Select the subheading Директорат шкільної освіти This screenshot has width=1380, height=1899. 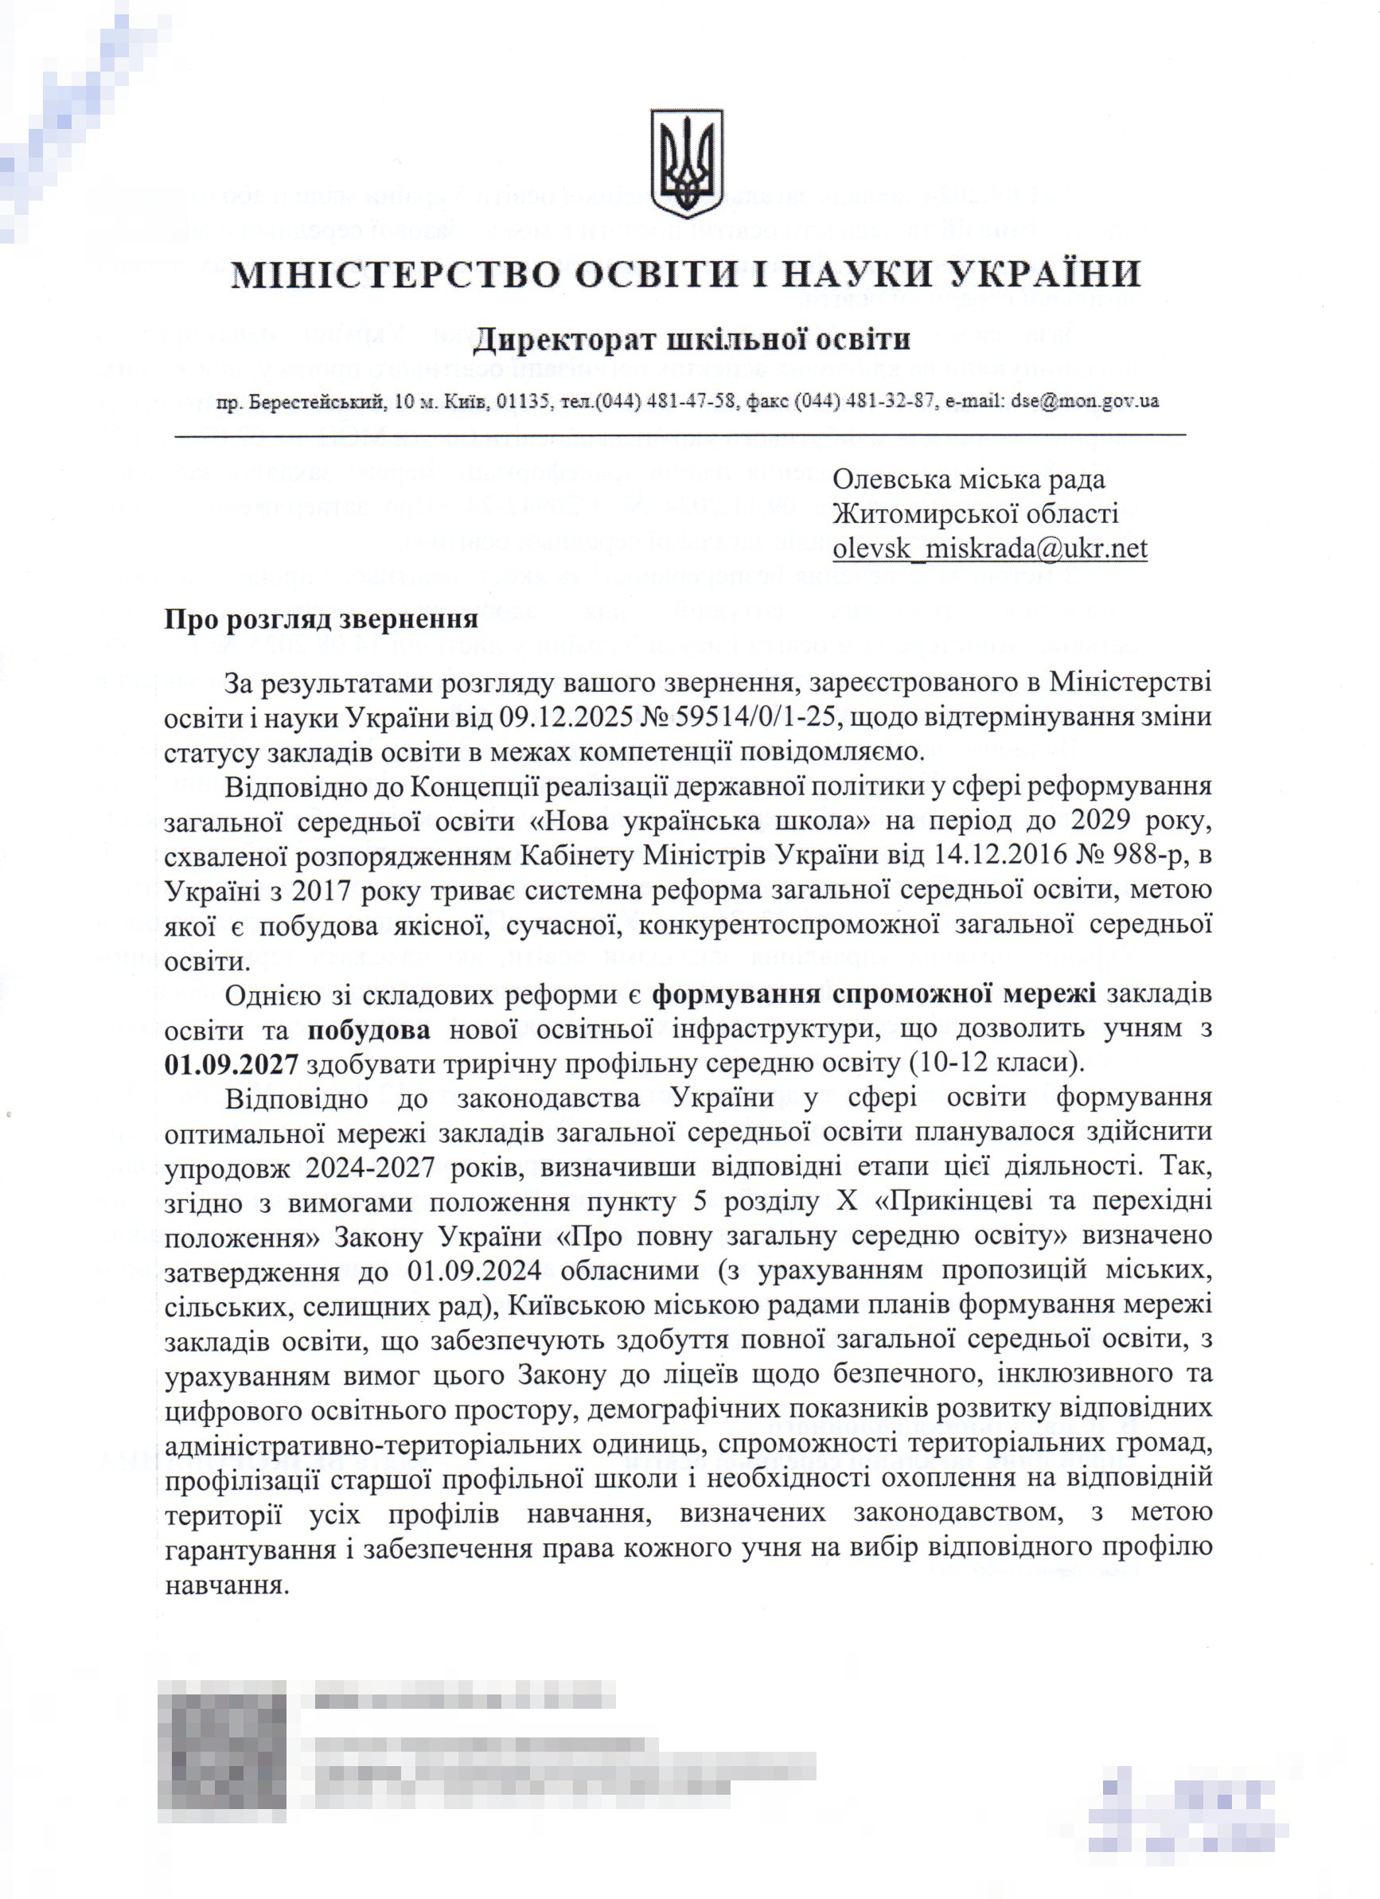click(x=692, y=340)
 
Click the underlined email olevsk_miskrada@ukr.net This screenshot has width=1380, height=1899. click(x=989, y=548)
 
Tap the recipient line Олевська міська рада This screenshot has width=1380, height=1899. click(x=968, y=479)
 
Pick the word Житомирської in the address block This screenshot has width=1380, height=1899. click(x=926, y=513)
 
